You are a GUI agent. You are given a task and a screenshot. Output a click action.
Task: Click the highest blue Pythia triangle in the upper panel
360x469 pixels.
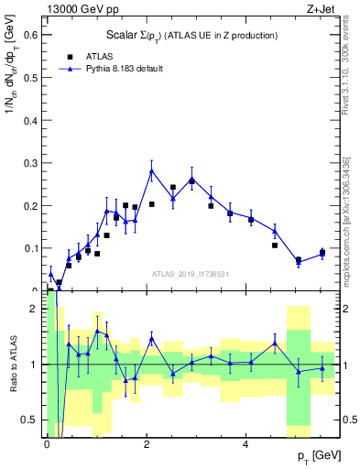tap(152, 171)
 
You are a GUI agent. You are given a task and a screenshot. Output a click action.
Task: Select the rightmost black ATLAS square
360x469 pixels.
tap(322, 253)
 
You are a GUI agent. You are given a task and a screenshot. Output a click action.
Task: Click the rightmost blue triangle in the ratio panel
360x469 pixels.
tap(322, 368)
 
